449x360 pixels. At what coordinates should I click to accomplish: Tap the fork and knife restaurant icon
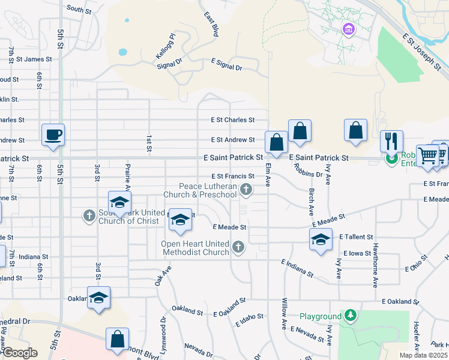[391, 141]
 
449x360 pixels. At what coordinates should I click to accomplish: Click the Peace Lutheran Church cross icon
[246, 190]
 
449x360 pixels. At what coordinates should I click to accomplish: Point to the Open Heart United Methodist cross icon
[238, 247]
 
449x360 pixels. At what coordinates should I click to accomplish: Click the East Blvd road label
[209, 24]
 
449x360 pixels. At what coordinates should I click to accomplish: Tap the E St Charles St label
[232, 120]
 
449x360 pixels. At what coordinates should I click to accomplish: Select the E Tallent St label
[356, 237]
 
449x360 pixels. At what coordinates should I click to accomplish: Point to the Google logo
[19, 353]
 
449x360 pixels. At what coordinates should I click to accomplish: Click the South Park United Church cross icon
[89, 215]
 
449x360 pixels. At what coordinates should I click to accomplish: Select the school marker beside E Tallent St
[321, 240]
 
